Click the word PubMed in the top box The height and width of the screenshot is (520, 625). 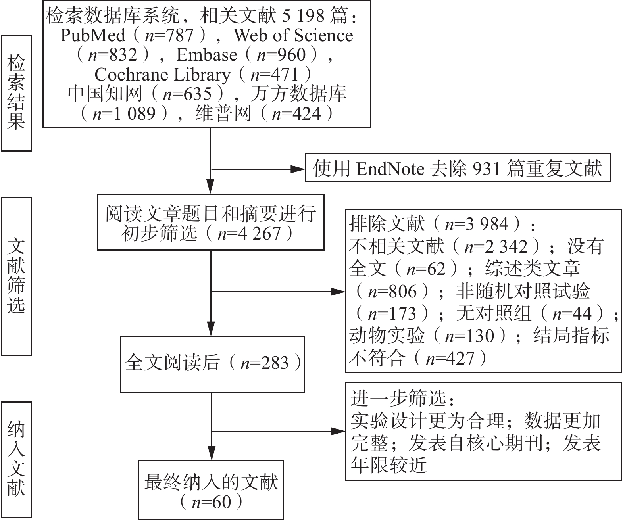click(92, 35)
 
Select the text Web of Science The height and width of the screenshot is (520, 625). click(293, 35)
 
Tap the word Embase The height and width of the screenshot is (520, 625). click(206, 55)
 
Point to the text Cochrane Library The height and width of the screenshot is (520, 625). click(162, 75)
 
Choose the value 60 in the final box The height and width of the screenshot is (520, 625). click(221, 502)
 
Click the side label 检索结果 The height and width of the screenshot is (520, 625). click(16, 93)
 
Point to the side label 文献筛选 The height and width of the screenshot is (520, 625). click(16, 276)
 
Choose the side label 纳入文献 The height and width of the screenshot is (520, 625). click(16, 459)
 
